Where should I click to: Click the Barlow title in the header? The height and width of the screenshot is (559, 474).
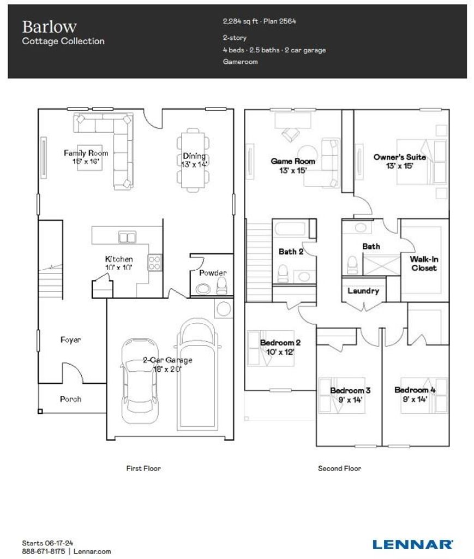tap(49, 27)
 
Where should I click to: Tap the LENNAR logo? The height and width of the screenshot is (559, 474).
tap(412, 544)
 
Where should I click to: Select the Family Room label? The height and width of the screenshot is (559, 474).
tap(86, 153)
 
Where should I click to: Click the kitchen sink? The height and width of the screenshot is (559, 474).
tap(127, 237)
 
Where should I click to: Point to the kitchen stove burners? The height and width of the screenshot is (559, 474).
tap(154, 263)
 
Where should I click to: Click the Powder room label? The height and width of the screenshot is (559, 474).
tap(213, 273)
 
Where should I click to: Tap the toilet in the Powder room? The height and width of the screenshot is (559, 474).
tap(221, 286)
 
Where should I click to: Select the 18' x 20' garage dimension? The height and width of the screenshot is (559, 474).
tap(167, 370)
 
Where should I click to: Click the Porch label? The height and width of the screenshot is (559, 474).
tap(70, 399)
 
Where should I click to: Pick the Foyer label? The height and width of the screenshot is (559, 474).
tap(70, 340)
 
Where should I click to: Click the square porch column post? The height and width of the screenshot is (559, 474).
tap(40, 411)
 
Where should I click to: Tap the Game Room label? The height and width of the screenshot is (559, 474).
tap(293, 161)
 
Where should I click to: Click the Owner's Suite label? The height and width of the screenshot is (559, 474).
tap(400, 157)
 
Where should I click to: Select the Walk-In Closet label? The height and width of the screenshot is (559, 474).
tap(424, 264)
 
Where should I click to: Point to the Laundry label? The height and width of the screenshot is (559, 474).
tap(363, 291)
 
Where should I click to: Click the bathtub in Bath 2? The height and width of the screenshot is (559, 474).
tap(290, 229)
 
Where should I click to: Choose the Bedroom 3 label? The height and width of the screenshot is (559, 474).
tap(350, 390)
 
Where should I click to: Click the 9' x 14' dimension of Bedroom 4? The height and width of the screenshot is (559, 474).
tap(415, 399)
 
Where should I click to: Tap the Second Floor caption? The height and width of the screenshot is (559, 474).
tap(339, 468)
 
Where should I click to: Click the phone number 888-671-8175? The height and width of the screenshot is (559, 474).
tap(44, 551)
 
